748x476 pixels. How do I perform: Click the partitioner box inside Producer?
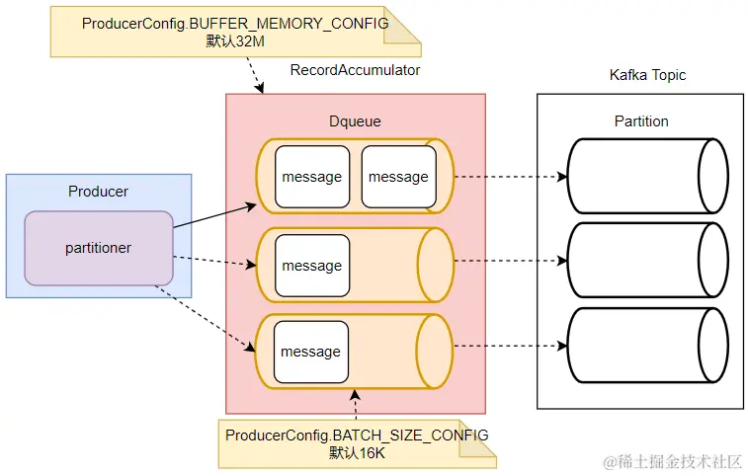[x=99, y=248]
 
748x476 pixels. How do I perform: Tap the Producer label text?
[x=98, y=191]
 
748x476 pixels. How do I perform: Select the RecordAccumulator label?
[x=355, y=70]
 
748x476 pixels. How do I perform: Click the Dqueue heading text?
[x=355, y=120]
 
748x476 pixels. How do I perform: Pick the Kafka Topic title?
[x=647, y=75]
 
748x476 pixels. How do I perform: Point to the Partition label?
[x=641, y=121]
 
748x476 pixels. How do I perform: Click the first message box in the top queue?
[x=312, y=177]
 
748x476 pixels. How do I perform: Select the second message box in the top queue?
[x=398, y=177]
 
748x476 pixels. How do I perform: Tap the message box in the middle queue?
[x=312, y=266]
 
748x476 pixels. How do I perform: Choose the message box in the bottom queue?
[x=312, y=352]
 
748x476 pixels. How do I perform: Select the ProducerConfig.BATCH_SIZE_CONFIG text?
[x=357, y=436]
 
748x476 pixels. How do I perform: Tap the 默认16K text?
[x=357, y=453]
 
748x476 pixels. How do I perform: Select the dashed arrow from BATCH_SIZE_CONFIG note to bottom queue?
[x=355, y=404]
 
